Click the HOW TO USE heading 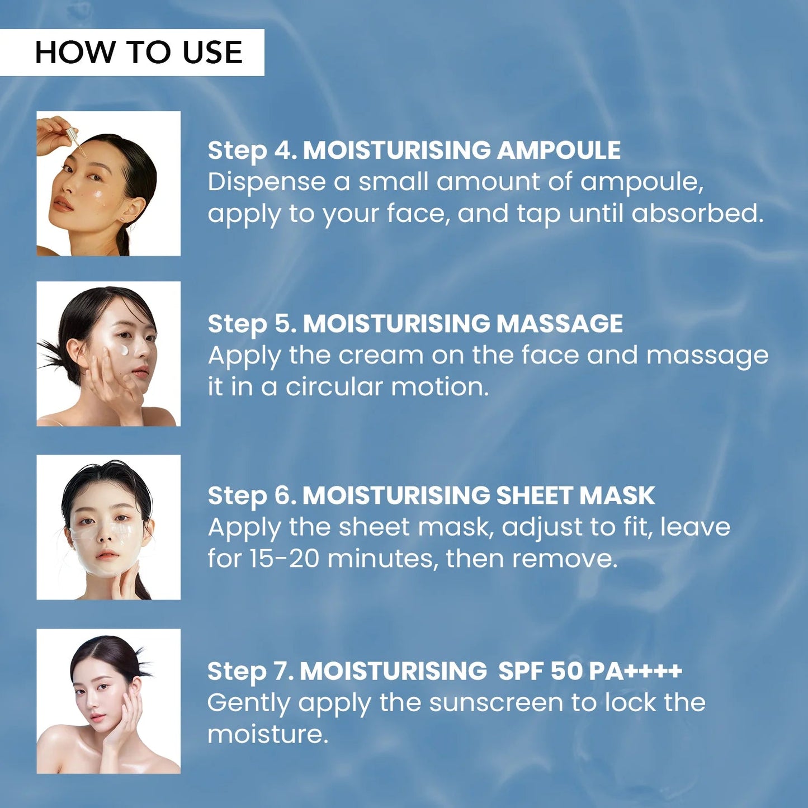[138, 53]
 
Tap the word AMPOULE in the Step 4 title [559, 150]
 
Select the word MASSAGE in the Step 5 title [559, 324]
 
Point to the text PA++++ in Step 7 [636, 671]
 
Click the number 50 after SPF [566, 671]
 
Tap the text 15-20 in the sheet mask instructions [283, 559]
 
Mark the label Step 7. [250, 672]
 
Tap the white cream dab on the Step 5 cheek [123, 351]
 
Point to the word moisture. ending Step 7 [267, 735]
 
